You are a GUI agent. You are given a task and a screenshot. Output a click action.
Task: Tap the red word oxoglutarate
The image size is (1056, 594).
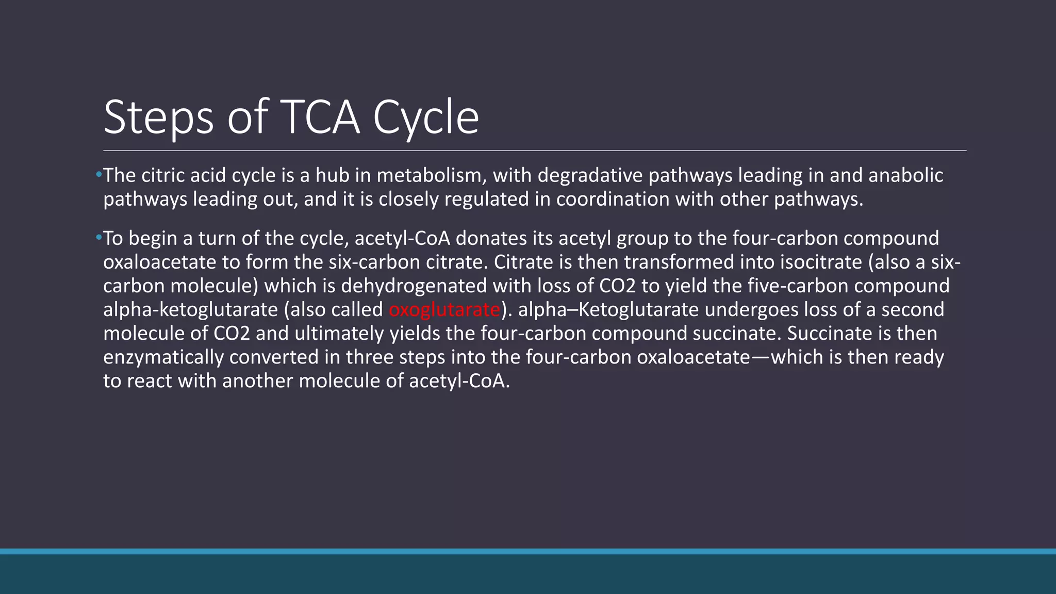point(444,309)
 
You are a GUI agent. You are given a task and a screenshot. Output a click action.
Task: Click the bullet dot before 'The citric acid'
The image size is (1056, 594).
point(98,175)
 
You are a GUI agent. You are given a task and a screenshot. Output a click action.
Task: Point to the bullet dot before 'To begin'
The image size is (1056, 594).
point(98,238)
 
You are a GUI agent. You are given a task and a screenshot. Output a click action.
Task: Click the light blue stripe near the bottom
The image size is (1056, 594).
point(528,551)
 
